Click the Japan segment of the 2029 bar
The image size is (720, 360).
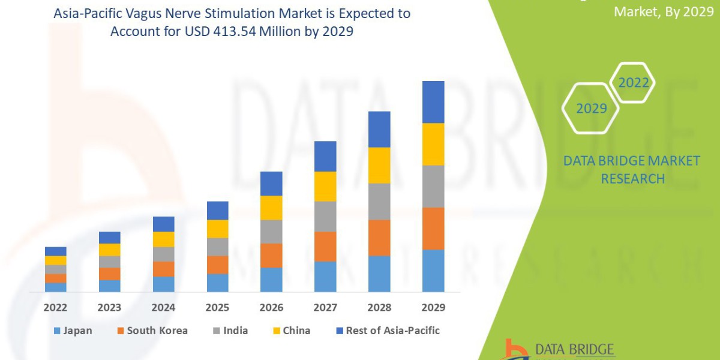click(433, 271)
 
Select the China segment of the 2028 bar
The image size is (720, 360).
click(379, 165)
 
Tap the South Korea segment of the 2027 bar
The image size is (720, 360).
click(325, 246)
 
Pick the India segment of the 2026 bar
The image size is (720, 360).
click(271, 231)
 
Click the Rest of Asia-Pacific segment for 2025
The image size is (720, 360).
click(217, 210)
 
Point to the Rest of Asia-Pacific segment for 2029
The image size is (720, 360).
click(433, 102)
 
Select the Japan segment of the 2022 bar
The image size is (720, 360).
click(56, 287)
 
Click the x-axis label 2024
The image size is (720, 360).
click(163, 307)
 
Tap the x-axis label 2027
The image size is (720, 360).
click(325, 307)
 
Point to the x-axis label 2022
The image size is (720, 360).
click(56, 307)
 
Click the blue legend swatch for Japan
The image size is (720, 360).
click(57, 331)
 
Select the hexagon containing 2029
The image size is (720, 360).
click(591, 109)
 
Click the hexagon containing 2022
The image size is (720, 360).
click(634, 83)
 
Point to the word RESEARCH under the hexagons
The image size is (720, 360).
click(632, 178)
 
